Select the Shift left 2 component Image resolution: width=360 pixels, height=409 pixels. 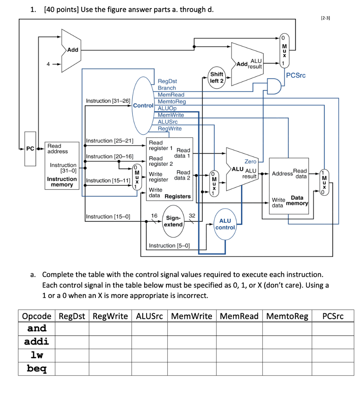click(x=217, y=77)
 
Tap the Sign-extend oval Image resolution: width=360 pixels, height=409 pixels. click(x=173, y=221)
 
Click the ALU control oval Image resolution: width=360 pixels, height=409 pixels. click(x=225, y=224)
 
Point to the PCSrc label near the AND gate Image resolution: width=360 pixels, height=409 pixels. click(x=296, y=75)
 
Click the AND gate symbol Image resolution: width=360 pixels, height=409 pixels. click(x=273, y=86)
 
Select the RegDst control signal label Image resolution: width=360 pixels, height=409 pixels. click(x=167, y=81)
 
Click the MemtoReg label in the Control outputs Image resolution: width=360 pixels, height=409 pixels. click(x=172, y=101)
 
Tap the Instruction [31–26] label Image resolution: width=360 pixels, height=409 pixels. click(x=108, y=101)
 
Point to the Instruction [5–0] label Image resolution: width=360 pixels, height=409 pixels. click(x=169, y=245)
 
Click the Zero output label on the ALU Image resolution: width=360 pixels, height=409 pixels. click(x=251, y=161)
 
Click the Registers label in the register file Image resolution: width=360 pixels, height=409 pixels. click(x=178, y=196)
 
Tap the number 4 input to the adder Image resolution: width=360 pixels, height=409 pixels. click(x=48, y=64)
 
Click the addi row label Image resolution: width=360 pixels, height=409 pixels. click(x=37, y=341)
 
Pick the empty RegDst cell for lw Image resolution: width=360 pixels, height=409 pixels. click(x=72, y=355)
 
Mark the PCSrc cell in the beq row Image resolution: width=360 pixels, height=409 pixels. click(x=332, y=369)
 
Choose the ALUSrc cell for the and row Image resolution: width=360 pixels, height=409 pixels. click(x=149, y=329)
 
